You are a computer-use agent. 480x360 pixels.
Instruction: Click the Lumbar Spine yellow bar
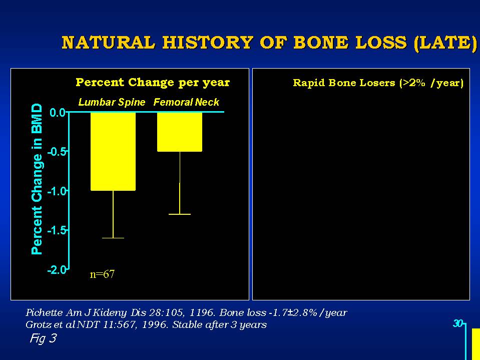[x=113, y=152]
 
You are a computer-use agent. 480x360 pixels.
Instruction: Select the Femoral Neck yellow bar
[x=180, y=132]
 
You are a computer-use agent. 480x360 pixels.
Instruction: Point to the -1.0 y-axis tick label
[x=57, y=191]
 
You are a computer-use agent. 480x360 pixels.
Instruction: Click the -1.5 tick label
[x=57, y=230]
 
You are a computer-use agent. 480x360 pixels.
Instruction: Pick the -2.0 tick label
[x=57, y=270]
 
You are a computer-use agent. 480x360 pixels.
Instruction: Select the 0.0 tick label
[x=58, y=113]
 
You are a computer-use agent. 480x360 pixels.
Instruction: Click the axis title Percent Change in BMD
[x=37, y=179]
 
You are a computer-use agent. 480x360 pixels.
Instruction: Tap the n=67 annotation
[x=102, y=274]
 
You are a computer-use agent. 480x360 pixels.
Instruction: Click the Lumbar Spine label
[x=112, y=102]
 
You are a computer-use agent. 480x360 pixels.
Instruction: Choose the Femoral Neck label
[x=186, y=102]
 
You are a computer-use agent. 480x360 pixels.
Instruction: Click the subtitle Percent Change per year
[x=153, y=82]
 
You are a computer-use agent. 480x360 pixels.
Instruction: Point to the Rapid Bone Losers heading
[x=378, y=83]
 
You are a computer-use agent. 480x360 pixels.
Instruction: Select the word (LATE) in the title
[x=445, y=43]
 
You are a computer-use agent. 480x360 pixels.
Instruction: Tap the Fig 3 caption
[x=43, y=338]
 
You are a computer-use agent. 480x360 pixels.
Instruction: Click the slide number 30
[x=458, y=323]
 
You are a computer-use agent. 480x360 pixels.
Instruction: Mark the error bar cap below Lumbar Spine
[x=113, y=238]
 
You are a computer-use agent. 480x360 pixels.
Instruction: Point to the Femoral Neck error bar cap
[x=180, y=214]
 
